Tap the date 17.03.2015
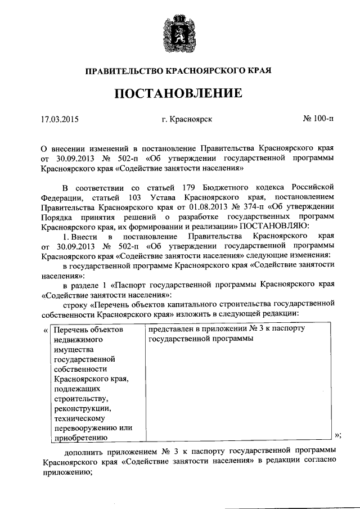point(60,119)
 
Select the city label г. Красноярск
point(186,119)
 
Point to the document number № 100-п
point(318,119)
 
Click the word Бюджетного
point(232,187)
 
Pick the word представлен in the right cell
point(172,328)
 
